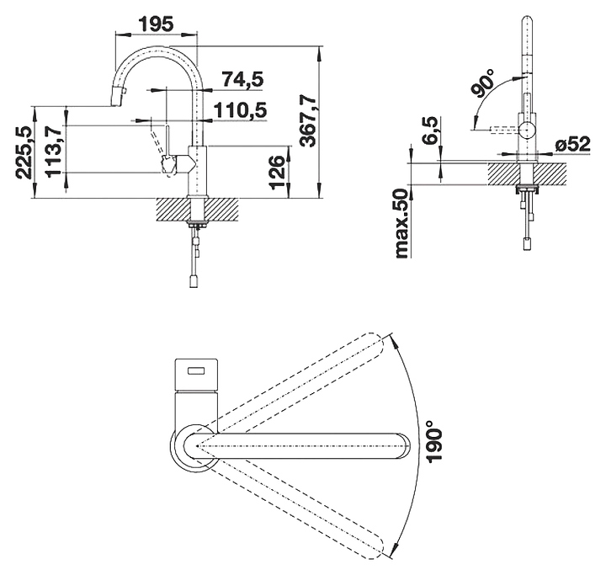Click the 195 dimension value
157,24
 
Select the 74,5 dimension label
242,80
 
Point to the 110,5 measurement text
241,110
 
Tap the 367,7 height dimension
309,121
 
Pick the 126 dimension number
278,173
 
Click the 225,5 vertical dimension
24,152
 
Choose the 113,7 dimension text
53,151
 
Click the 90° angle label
483,83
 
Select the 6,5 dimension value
430,130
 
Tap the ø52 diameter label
573,144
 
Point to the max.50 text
402,223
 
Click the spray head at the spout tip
118,97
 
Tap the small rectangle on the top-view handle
197,371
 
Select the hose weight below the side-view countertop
527,244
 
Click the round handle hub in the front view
526,130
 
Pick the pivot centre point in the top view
198,446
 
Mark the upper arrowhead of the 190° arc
394,338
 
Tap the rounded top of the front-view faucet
526,21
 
